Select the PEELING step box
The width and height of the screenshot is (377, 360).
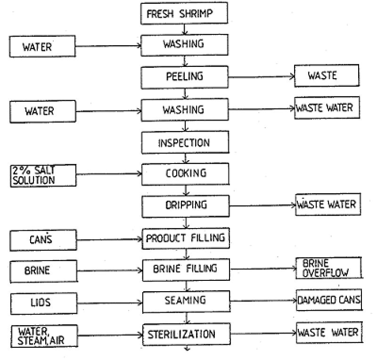184,76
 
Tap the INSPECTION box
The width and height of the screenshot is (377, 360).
184,142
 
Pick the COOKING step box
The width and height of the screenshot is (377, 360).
185,173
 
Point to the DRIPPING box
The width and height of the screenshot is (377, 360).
185,206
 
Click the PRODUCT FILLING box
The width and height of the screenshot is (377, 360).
186,238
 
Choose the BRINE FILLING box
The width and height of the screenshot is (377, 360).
186,269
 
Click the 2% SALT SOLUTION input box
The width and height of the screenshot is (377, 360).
43,175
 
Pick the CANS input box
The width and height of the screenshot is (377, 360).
43,240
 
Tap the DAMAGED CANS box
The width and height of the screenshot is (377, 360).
329,300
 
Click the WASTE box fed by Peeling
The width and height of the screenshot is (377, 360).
326,76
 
